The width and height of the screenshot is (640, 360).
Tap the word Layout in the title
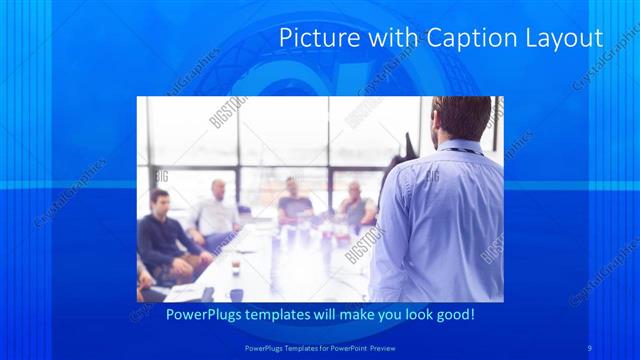pos(560,38)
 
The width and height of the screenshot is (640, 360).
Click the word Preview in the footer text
pos(393,346)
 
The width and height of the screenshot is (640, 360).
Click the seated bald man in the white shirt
pos(216,212)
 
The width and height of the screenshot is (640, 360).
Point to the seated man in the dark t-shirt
pos(295,204)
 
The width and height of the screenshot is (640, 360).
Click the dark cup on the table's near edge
pos(237,294)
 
